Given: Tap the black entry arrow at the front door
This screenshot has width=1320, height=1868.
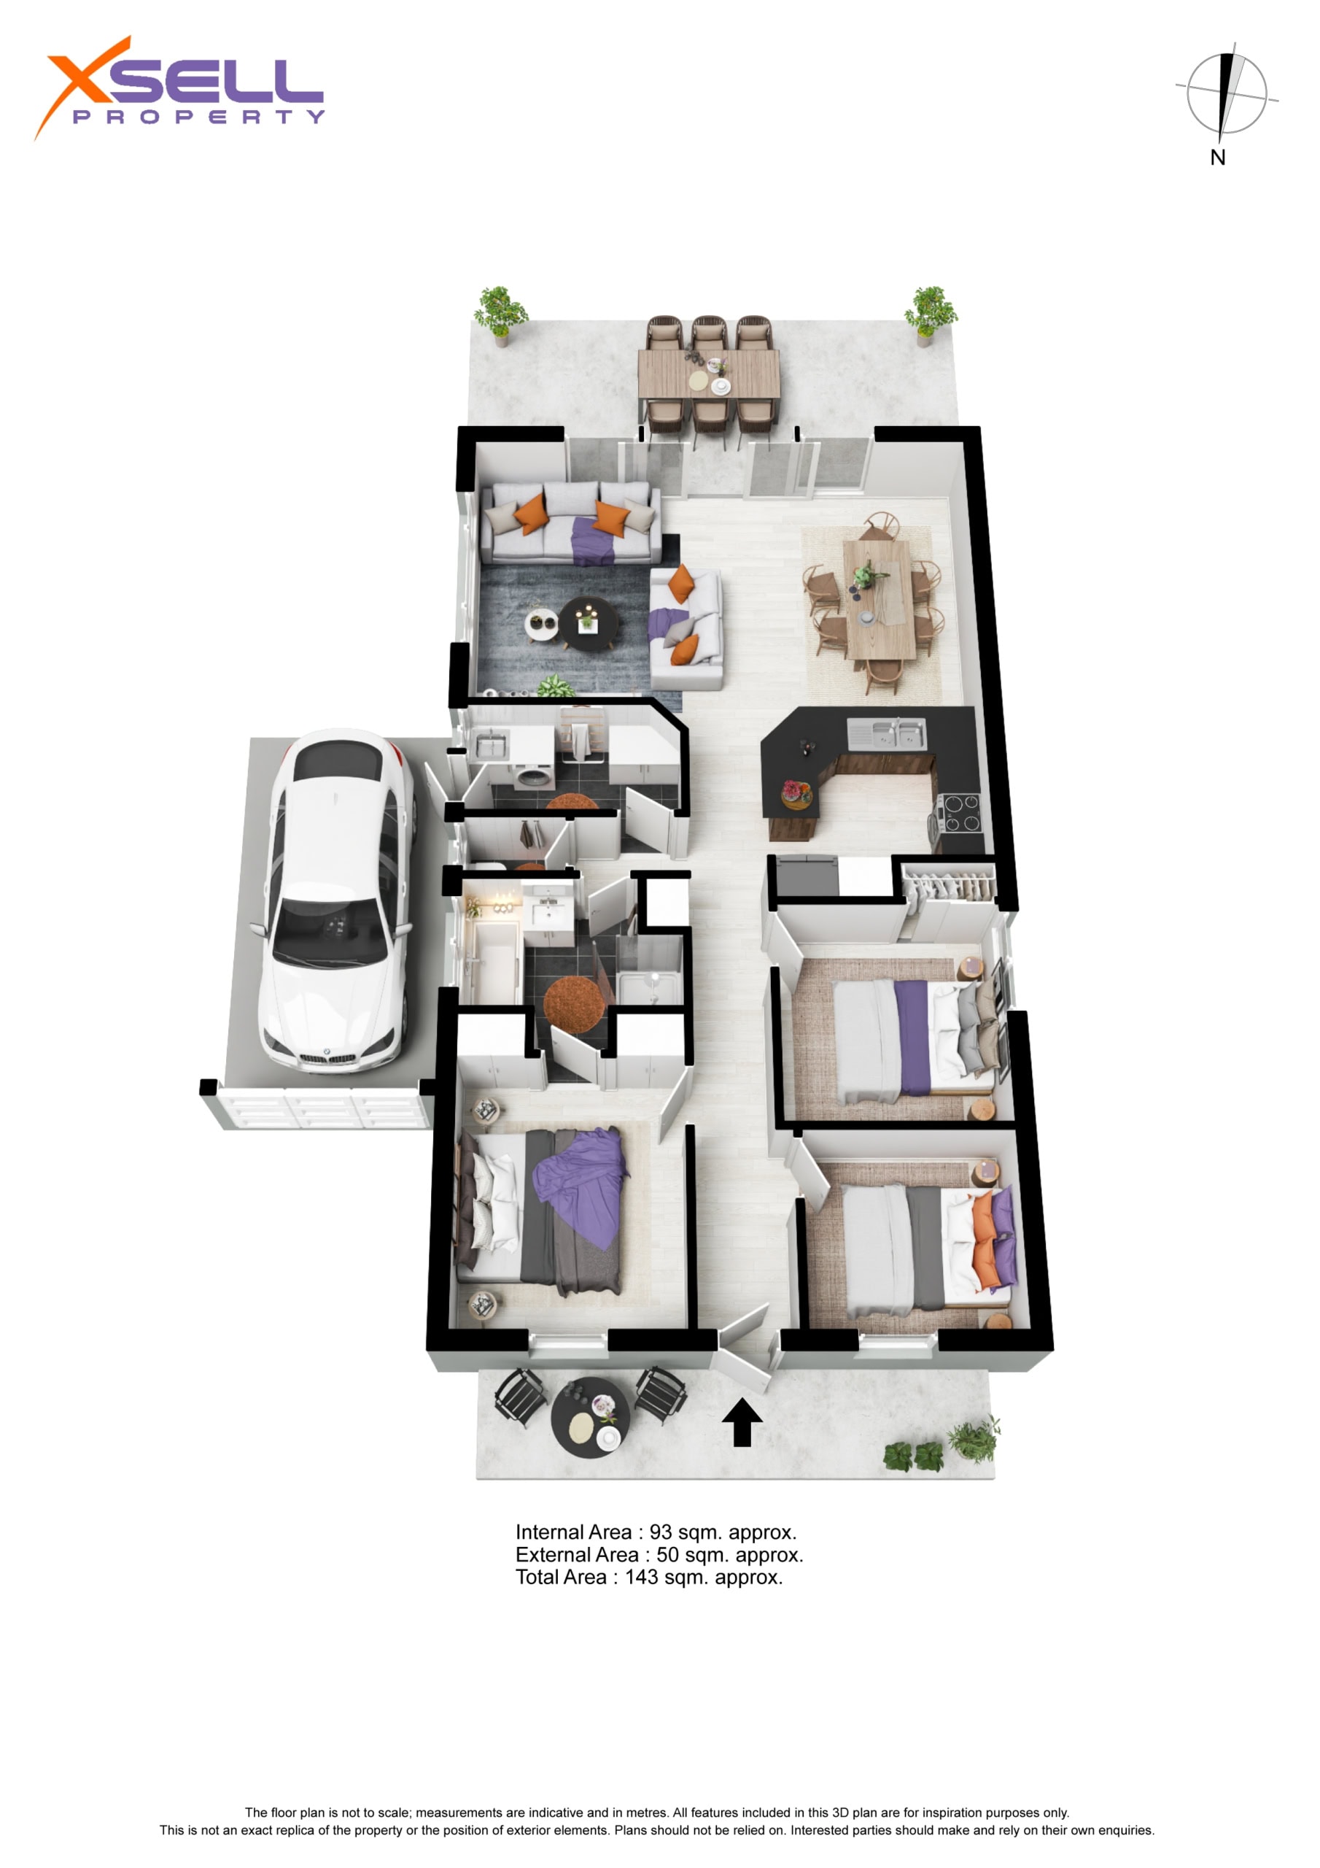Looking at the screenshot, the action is [742, 1422].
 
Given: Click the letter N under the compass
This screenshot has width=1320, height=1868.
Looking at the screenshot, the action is [1217, 158].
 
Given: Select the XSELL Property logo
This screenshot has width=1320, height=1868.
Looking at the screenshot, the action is [179, 88].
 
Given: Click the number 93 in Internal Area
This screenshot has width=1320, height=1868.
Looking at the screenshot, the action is [661, 1533].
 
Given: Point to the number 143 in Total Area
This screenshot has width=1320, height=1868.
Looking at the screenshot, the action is [641, 1578].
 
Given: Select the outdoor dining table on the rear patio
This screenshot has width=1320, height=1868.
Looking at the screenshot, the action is [708, 374].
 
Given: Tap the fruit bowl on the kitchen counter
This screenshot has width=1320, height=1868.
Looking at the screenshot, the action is [796, 790].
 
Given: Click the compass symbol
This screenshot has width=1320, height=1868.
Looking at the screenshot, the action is [1227, 93].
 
